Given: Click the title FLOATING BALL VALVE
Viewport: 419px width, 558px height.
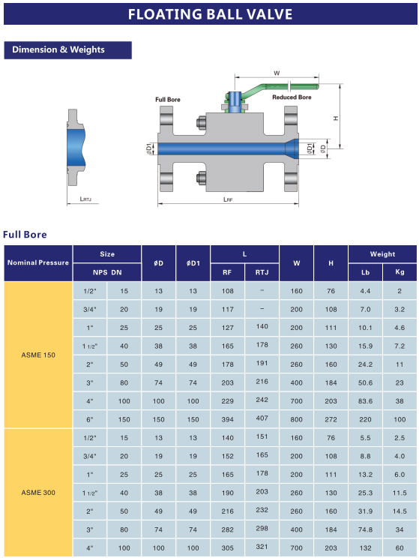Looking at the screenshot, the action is (210, 14).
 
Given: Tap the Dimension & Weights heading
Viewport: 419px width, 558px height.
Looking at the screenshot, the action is (58, 49).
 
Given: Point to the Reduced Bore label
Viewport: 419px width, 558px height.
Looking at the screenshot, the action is (292, 97).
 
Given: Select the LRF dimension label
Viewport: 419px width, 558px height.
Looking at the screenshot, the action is (228, 199).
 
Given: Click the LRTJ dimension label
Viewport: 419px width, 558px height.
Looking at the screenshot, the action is (85, 199).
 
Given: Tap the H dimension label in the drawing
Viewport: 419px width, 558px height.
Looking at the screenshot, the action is (336, 118).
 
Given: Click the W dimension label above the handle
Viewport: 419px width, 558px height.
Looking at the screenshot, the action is (277, 73).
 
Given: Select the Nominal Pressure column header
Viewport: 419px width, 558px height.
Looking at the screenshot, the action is (38, 262).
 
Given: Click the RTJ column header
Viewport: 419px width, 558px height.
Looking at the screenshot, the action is (262, 272).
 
